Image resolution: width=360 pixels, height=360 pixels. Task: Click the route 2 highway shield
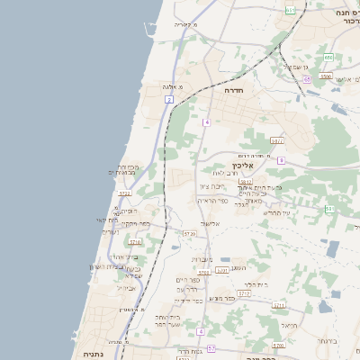coord(168,99)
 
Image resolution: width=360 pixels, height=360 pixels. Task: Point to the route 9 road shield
coord(281,160)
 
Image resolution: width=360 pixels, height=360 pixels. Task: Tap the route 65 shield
coord(307,79)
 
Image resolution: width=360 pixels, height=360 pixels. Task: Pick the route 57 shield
coord(211,347)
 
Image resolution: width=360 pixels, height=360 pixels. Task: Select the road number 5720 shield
coord(189,234)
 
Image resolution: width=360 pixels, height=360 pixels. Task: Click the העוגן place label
coord(238,267)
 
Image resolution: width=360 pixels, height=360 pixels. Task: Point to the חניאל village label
coord(288,325)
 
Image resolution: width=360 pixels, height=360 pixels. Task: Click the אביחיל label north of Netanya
coord(126,288)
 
